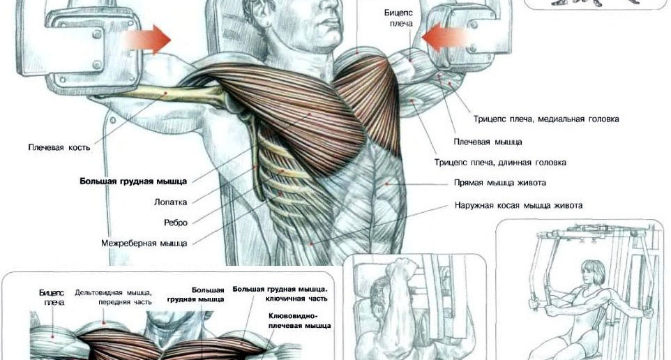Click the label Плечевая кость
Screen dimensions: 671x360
[59, 148]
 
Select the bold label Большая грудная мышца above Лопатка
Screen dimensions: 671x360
[133, 181]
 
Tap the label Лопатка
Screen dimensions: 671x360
[170, 202]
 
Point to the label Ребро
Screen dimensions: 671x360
[176, 223]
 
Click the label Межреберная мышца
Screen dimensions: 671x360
[144, 243]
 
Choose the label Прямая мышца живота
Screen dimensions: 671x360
[500, 183]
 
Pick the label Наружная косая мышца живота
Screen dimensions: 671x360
[518, 206]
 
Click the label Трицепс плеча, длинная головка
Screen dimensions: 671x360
[500, 163]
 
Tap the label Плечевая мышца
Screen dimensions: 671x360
[488, 142]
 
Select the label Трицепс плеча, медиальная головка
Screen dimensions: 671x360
[546, 119]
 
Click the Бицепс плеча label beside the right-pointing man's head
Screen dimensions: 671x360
[398, 18]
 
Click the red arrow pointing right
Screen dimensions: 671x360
[148, 40]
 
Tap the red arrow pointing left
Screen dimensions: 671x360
[445, 38]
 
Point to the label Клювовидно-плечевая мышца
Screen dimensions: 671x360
[299, 321]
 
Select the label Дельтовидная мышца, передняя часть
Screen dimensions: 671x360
[114, 297]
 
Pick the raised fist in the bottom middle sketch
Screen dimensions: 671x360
[401, 272]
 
